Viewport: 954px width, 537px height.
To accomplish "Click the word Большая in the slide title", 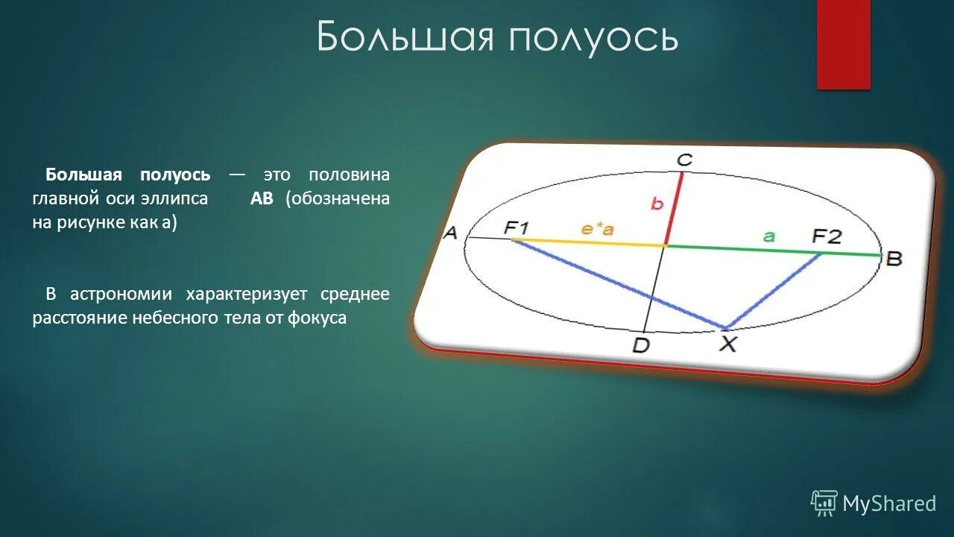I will pyautogui.click(x=406, y=37).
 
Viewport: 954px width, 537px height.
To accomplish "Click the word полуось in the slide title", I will pyautogui.click(x=594, y=37).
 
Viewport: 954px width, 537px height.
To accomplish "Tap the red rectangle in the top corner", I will pyautogui.click(x=843, y=44).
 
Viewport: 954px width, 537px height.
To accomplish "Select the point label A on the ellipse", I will pyautogui.click(x=450, y=233).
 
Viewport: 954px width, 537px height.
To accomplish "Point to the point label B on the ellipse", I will pyautogui.click(x=894, y=259).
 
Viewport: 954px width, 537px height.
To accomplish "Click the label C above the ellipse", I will pyautogui.click(x=684, y=160).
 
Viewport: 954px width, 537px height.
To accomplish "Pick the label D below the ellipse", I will pyautogui.click(x=640, y=345).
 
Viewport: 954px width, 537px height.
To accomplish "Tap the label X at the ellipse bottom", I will pyautogui.click(x=727, y=343).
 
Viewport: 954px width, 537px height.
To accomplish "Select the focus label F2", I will pyautogui.click(x=826, y=236).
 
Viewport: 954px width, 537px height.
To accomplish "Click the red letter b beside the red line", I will pyautogui.click(x=657, y=204).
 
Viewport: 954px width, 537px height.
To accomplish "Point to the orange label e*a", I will pyautogui.click(x=597, y=229).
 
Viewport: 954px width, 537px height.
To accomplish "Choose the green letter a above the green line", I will pyautogui.click(x=769, y=236).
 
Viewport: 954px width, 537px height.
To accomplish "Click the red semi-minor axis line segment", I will pyautogui.click(x=673, y=209).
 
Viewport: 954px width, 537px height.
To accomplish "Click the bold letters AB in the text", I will pyautogui.click(x=262, y=199).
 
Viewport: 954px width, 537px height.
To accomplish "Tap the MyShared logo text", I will pyautogui.click(x=888, y=503).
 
